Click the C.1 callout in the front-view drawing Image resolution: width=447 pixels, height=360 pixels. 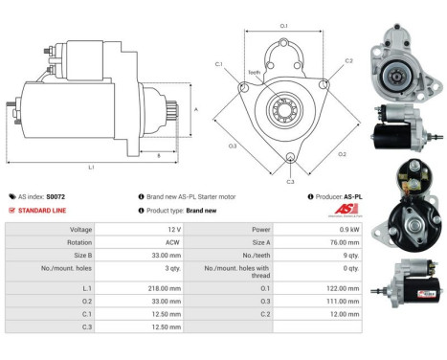pyautogui.click(x=219, y=64)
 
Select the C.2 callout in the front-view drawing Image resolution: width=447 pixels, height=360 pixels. pyautogui.click(x=348, y=60)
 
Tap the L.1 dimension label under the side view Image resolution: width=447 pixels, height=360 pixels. pyautogui.click(x=92, y=166)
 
